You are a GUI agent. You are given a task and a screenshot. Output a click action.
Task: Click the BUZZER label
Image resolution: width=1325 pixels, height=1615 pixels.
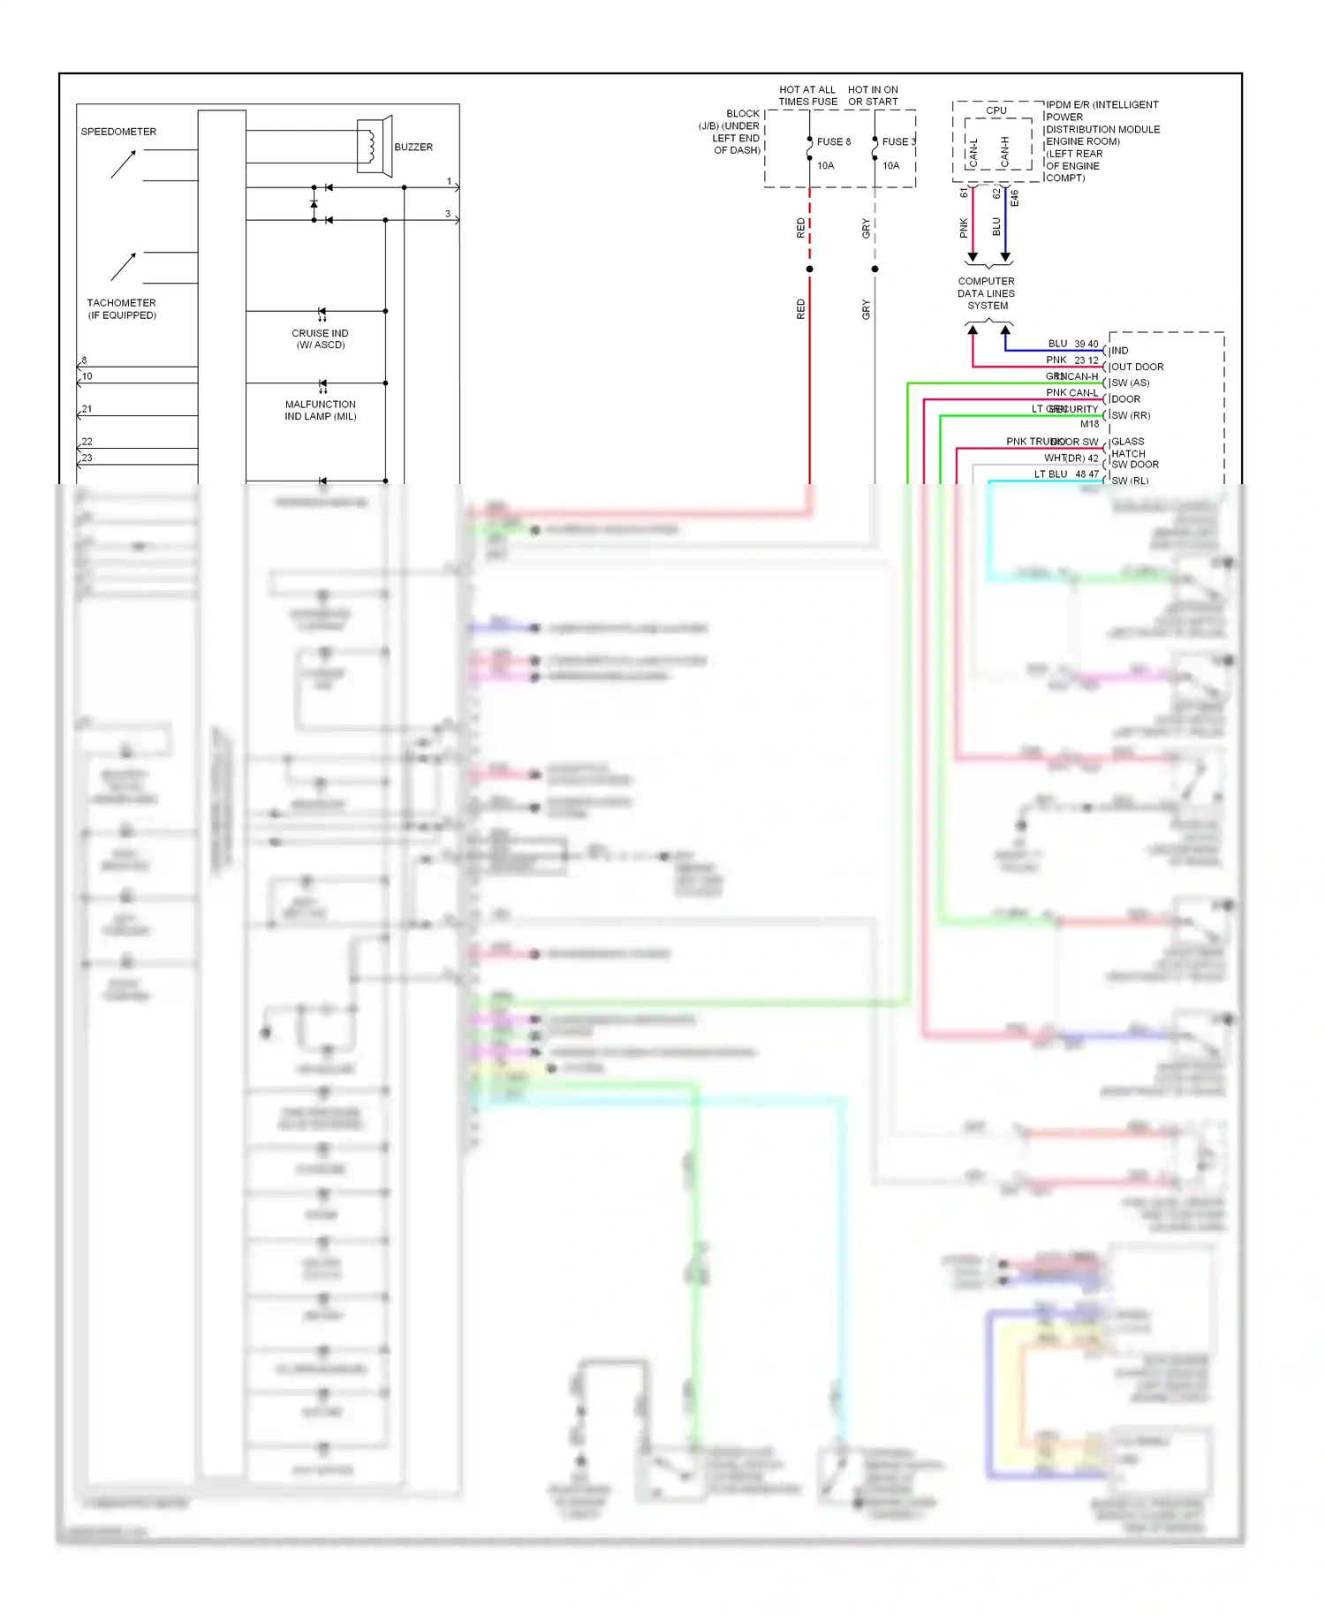(x=413, y=147)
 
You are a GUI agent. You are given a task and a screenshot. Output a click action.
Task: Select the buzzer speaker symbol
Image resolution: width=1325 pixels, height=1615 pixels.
(x=374, y=145)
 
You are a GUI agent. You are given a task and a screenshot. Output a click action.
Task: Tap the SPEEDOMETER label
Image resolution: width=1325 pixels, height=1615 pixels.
(x=118, y=132)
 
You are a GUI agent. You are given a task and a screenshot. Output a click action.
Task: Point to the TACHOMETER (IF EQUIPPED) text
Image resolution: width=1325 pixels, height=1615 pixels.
(x=122, y=308)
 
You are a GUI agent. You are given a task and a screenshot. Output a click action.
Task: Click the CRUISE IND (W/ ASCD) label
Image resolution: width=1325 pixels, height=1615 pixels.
(x=320, y=338)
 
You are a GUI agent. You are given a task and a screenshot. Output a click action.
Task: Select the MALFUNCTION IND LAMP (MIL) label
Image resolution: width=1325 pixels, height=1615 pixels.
(x=320, y=410)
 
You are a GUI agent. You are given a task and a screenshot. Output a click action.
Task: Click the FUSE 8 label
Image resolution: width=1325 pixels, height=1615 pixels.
(x=833, y=141)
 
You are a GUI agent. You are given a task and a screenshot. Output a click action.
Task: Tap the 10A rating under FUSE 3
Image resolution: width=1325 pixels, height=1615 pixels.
(x=890, y=165)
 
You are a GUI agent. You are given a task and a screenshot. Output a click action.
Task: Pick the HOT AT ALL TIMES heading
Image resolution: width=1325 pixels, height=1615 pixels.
(x=807, y=95)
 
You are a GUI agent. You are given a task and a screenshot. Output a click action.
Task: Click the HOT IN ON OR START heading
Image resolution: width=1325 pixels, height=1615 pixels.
(x=873, y=95)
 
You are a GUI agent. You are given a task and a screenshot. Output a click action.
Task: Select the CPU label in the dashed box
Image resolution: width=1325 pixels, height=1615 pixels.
(x=996, y=110)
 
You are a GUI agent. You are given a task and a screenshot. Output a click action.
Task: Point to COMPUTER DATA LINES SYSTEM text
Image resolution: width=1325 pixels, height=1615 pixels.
(x=987, y=293)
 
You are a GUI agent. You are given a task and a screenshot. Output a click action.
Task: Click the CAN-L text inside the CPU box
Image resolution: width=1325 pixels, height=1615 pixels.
(x=973, y=153)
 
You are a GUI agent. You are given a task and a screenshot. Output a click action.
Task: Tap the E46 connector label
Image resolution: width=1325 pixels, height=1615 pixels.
(x=1014, y=198)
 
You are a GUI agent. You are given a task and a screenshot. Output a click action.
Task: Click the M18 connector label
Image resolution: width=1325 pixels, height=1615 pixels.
(x=1089, y=424)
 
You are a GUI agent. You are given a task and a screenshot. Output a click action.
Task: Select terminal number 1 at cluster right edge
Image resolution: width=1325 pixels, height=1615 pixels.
(x=449, y=181)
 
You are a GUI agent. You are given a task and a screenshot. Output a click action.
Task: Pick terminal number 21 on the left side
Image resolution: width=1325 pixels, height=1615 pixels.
(x=87, y=409)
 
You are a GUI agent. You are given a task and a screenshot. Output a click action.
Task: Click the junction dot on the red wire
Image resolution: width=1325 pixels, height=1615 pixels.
(x=809, y=269)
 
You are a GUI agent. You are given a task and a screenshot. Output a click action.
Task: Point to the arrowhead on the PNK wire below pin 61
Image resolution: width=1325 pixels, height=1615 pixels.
(x=973, y=257)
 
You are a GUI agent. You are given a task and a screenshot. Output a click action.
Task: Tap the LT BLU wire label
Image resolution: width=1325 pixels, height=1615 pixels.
(x=1050, y=474)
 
